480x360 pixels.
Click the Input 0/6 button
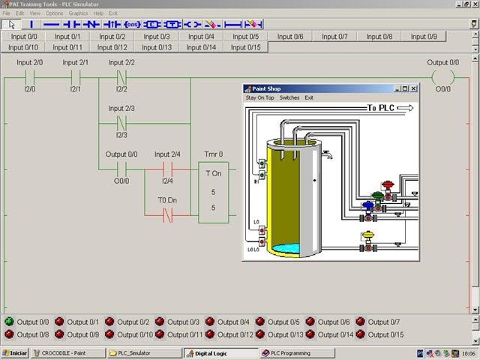click(289, 36)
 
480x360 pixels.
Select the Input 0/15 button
click(245, 47)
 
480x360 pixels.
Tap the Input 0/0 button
click(24, 36)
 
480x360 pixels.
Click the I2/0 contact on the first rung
click(31, 76)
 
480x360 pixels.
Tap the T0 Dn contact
click(167, 215)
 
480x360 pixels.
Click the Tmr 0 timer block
click(213, 192)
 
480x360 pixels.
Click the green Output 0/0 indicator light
click(9, 322)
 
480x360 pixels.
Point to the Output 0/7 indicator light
click(361, 322)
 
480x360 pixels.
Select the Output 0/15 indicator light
click(361, 334)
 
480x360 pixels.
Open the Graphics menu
click(78, 13)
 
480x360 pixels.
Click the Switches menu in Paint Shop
click(289, 97)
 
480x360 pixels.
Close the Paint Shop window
click(413, 88)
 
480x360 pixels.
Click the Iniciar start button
click(15, 352)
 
